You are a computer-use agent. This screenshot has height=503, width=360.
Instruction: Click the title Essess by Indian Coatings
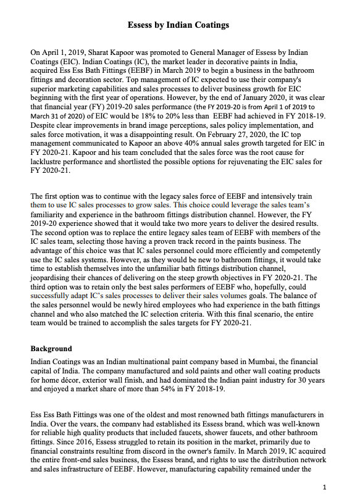click(x=178, y=25)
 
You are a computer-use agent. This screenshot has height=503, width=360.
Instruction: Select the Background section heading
click(x=51, y=349)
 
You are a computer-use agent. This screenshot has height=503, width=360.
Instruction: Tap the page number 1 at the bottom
click(x=324, y=488)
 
